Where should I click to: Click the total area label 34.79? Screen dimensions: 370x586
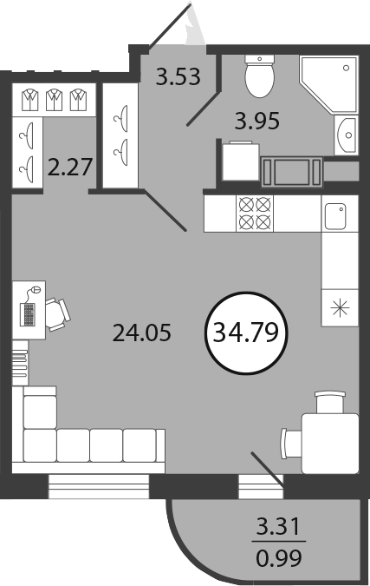point(246,333)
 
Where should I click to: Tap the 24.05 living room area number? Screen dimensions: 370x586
point(142,333)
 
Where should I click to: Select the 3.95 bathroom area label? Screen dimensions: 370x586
point(257,121)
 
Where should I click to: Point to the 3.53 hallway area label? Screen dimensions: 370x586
point(179,76)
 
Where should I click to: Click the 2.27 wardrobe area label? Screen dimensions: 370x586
point(70,167)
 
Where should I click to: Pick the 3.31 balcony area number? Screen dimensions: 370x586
point(279,527)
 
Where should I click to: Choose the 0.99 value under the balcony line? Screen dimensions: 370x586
point(279,558)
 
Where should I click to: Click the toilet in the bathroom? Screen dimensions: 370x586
point(260,76)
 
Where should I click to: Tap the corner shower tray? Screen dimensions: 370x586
point(328,84)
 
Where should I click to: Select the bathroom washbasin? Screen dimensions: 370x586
point(346,135)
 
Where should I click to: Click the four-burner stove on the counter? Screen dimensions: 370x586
point(255,213)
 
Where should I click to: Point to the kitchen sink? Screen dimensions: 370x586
point(335,216)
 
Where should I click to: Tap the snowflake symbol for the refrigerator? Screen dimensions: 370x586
point(341,308)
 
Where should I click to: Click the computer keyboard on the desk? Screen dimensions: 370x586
point(28,313)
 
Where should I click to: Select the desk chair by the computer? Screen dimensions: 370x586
point(57,314)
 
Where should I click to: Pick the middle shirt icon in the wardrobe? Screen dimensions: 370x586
point(54,100)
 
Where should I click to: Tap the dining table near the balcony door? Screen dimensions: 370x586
point(330,444)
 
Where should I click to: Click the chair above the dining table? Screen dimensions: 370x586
point(330,402)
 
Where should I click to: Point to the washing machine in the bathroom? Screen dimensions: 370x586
point(241,161)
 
